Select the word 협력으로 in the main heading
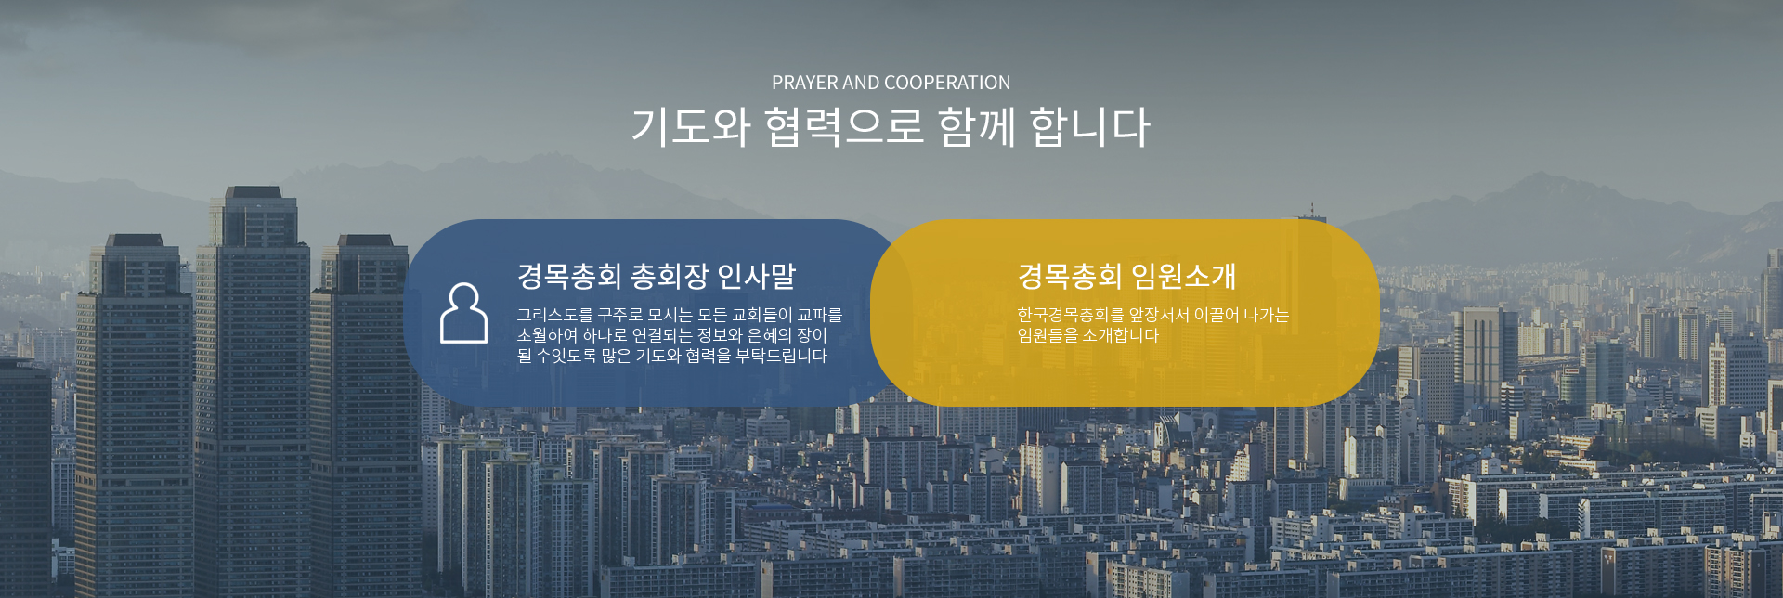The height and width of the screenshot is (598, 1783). [844, 126]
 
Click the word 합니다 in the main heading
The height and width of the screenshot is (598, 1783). [1091, 126]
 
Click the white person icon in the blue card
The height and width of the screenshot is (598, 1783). [463, 314]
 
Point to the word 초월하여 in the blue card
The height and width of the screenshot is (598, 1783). [547, 335]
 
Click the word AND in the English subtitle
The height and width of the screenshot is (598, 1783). [862, 83]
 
